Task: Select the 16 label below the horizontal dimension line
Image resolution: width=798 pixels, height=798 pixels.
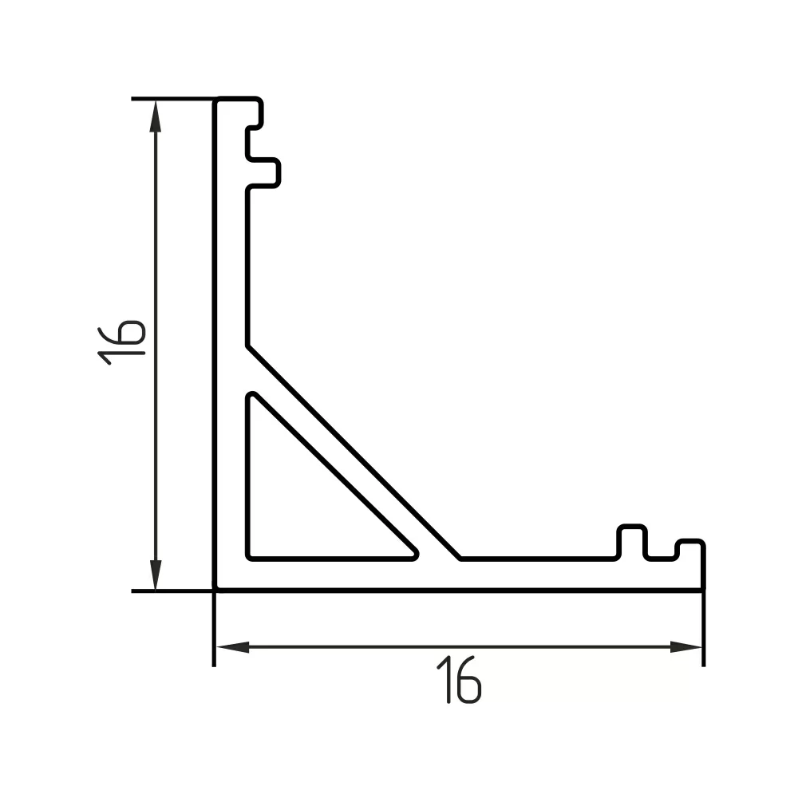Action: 461,680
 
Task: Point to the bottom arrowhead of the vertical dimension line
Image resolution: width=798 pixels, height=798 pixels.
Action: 156,576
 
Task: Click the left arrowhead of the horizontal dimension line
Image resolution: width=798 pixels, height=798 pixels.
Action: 231,646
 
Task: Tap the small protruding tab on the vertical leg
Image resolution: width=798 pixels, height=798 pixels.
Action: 267,172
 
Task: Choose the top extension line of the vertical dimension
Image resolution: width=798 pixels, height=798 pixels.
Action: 172,99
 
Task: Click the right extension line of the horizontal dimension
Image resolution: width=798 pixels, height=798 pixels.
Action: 703,630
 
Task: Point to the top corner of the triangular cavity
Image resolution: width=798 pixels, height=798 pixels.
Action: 253,396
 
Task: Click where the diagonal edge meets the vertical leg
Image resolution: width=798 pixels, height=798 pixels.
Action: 247,347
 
